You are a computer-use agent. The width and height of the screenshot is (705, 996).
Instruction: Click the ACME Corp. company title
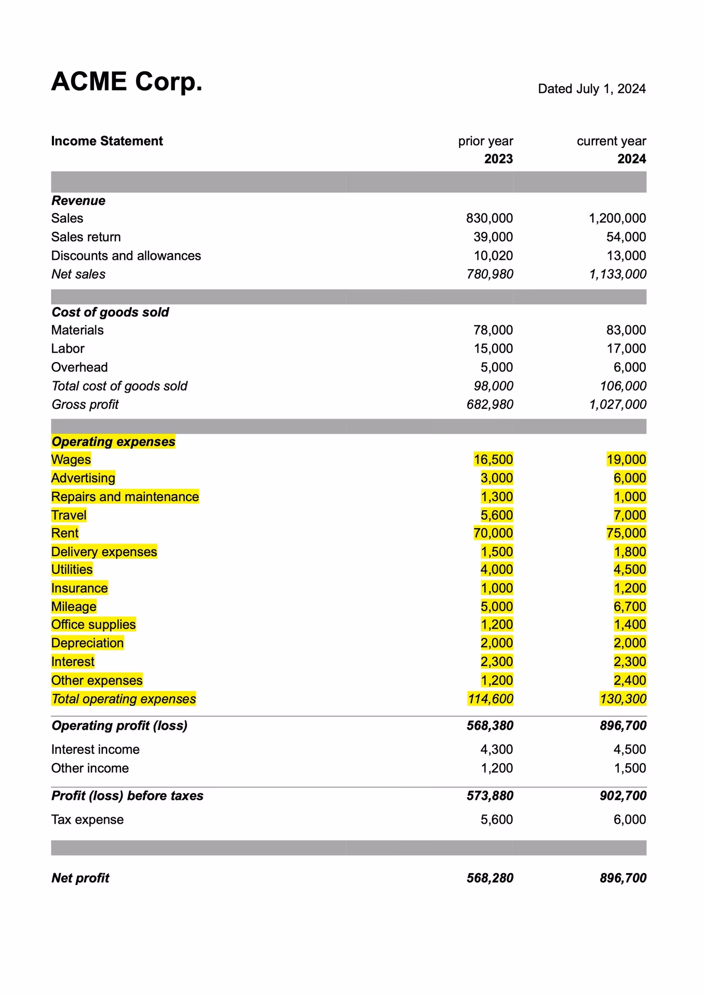[x=127, y=82]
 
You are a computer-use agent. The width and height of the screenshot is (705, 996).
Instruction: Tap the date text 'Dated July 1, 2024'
[x=591, y=89]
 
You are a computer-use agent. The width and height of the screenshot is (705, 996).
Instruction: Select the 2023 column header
[x=498, y=159]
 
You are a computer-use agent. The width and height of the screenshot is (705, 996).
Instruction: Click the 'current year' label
[x=611, y=141]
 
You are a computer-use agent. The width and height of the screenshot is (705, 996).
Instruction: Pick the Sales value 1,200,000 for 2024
[x=617, y=218]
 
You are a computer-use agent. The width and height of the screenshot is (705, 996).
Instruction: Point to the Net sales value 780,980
[x=490, y=274]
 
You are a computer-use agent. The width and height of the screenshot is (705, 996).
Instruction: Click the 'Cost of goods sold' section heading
[x=110, y=312]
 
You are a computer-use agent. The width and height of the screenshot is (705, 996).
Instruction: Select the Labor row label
[x=67, y=349]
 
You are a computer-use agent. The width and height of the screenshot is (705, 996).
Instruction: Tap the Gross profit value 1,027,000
[x=617, y=405]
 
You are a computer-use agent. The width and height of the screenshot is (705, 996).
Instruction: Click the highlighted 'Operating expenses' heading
[x=113, y=442]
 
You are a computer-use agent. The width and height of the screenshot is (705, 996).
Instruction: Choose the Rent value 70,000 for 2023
[x=493, y=533]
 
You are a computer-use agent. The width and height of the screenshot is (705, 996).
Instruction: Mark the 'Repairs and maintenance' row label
[x=125, y=497]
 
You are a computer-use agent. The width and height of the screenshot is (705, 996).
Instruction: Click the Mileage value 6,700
[x=629, y=607]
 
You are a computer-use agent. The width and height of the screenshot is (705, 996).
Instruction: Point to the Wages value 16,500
[x=493, y=460]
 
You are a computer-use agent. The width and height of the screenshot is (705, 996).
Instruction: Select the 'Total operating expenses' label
[x=124, y=699]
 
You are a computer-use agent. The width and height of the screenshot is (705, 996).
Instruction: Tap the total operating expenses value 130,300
[x=622, y=699]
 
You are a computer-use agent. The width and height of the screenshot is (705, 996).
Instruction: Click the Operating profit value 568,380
[x=490, y=726]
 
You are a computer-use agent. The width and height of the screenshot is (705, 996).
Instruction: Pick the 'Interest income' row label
[x=95, y=750]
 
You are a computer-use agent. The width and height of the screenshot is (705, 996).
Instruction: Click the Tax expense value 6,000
[x=629, y=820]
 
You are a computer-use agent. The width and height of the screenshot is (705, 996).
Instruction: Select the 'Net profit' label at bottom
[x=80, y=878]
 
